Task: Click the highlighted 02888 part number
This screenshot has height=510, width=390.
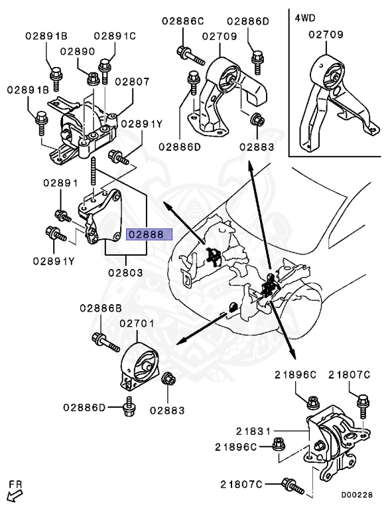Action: (x=149, y=234)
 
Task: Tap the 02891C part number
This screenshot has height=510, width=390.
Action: (x=114, y=35)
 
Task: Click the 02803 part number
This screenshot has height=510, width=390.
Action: (x=126, y=272)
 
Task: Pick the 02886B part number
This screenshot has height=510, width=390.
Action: (x=101, y=308)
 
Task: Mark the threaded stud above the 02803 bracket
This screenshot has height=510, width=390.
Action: (x=97, y=173)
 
